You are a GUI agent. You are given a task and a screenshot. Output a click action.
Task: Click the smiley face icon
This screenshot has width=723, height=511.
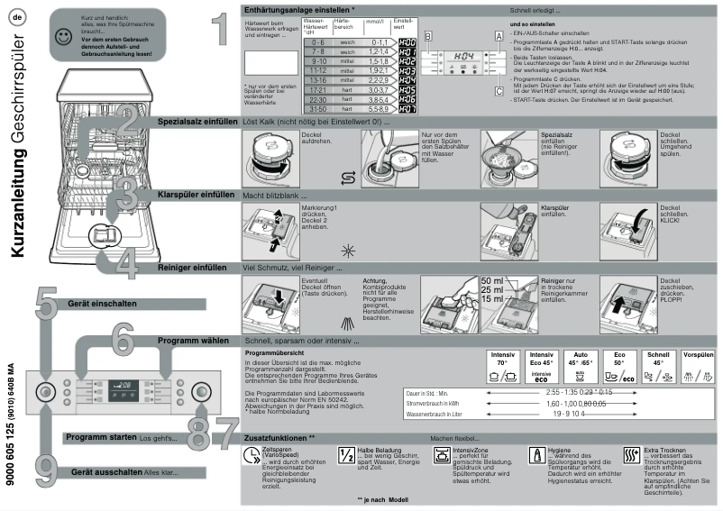point(60,39)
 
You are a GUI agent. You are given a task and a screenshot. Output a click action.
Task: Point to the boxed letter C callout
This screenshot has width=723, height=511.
point(498,90)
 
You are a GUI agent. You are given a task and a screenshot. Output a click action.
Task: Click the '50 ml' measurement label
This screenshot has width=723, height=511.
point(493,280)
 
